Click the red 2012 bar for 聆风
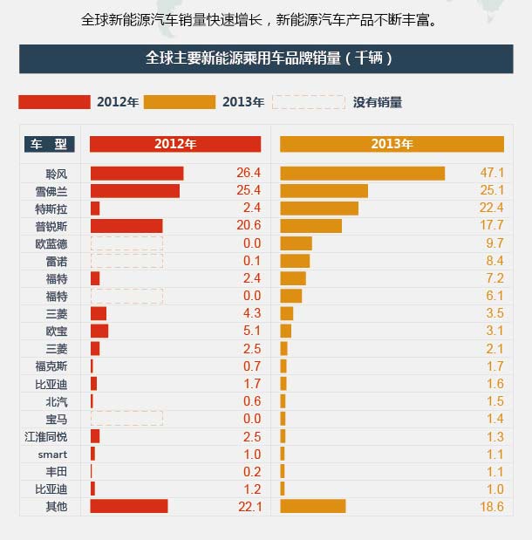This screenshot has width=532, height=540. pos(137,174)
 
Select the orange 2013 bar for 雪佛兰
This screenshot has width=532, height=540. pos(324,191)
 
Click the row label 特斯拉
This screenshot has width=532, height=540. pos(51,208)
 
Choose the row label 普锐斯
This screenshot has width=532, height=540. pos(51,226)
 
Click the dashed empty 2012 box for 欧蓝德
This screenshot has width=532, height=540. pos(126,243)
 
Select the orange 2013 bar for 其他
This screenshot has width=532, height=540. pos(313,506)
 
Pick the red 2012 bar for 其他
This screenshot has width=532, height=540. pos(129,506)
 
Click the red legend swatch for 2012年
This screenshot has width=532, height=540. pos(54,102)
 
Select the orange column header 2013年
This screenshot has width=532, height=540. pos(392,144)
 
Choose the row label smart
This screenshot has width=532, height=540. pos(51,454)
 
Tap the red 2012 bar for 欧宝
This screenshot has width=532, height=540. pos(99,331)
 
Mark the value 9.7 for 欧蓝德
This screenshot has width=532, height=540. pos(494,243)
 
